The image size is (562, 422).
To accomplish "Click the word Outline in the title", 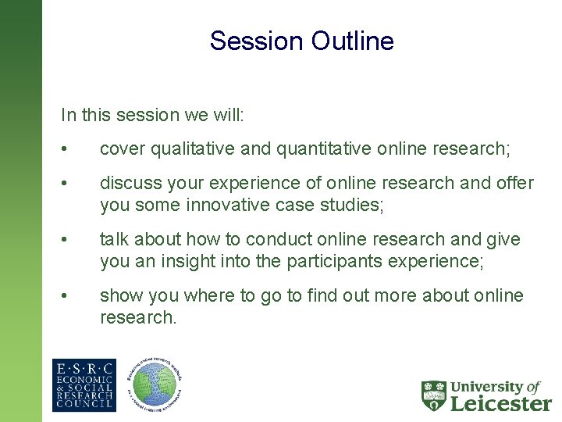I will coord(355,41).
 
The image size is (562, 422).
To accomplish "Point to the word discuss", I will coord(128,183).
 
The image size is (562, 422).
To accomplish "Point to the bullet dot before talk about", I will coord(70,240).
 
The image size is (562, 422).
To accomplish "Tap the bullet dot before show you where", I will coord(70,296).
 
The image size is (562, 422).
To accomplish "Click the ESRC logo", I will coord(84,385).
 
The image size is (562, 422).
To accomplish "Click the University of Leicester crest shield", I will coord(434,395).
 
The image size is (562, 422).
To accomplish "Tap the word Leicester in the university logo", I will coord(500,402).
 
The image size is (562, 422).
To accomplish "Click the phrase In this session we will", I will coord(153,115).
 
